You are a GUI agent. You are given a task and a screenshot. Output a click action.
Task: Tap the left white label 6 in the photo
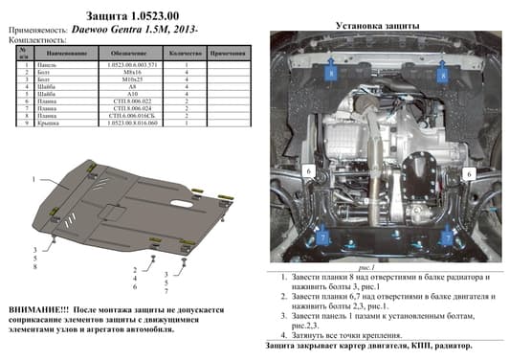click(x=310, y=171)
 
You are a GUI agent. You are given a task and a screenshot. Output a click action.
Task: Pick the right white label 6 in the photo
click(x=470, y=174)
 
